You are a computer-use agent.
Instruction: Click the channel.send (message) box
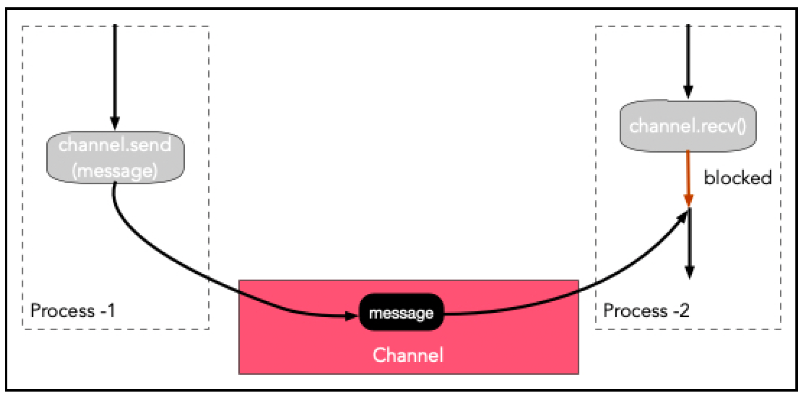click(116, 157)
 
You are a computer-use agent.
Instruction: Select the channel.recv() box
click(688, 126)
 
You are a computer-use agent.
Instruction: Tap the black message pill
click(402, 313)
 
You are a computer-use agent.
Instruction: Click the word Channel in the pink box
click(408, 355)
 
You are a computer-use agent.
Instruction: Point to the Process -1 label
click(73, 311)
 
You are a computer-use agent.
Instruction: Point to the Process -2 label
click(646, 311)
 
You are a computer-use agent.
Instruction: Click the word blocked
click(738, 178)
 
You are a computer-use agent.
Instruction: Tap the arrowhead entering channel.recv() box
click(688, 92)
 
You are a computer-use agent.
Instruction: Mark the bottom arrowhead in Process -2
click(689, 272)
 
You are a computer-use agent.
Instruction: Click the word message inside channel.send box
click(115, 171)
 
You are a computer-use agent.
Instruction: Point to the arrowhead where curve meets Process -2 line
click(684, 216)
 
